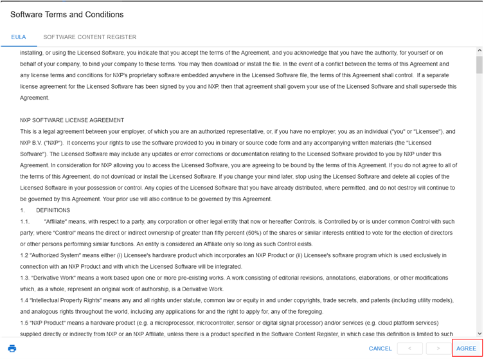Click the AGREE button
point(466,348)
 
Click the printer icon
point(12,348)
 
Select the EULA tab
point(18,37)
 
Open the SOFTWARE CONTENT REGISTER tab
point(90,37)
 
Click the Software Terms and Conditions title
point(67,14)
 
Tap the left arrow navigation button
point(405,348)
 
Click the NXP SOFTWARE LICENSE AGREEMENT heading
point(72,120)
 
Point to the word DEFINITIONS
point(53,210)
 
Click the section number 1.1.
point(24,221)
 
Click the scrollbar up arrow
point(480,51)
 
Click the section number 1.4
point(24,300)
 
